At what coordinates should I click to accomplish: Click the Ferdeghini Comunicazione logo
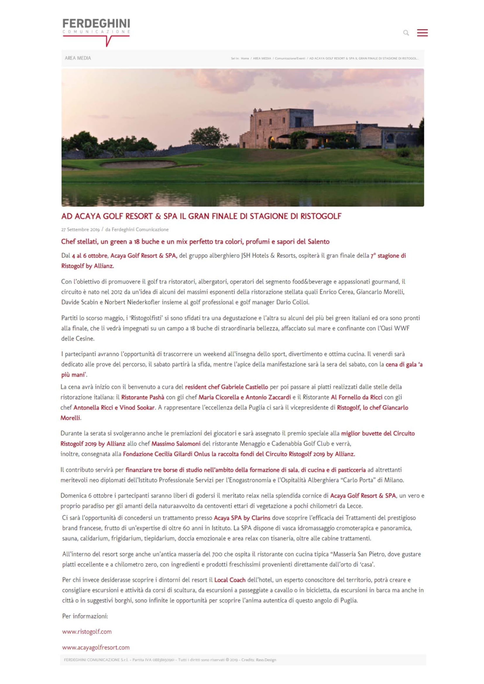pyautogui.click(x=96, y=31)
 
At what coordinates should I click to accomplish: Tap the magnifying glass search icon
pyautogui.click(x=406, y=33)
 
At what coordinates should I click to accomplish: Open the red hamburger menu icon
pyautogui.click(x=422, y=33)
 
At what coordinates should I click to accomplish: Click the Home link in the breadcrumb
pyautogui.click(x=245, y=58)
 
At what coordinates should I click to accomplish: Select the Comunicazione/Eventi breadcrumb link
pyautogui.click(x=290, y=58)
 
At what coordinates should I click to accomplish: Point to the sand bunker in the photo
pyautogui.click(x=139, y=164)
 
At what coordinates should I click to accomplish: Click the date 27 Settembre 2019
pyautogui.click(x=80, y=229)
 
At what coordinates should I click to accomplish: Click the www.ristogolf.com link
pyautogui.click(x=87, y=632)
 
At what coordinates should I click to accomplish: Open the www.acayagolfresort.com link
pyautogui.click(x=96, y=647)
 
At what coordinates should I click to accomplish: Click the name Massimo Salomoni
pyautogui.click(x=176, y=444)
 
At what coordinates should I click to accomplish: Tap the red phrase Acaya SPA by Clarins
pyautogui.click(x=242, y=518)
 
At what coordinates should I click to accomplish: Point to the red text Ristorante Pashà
pyautogui.click(x=143, y=397)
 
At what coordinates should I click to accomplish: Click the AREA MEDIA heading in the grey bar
pyautogui.click(x=78, y=58)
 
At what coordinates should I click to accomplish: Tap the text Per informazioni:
pyautogui.click(x=85, y=616)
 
